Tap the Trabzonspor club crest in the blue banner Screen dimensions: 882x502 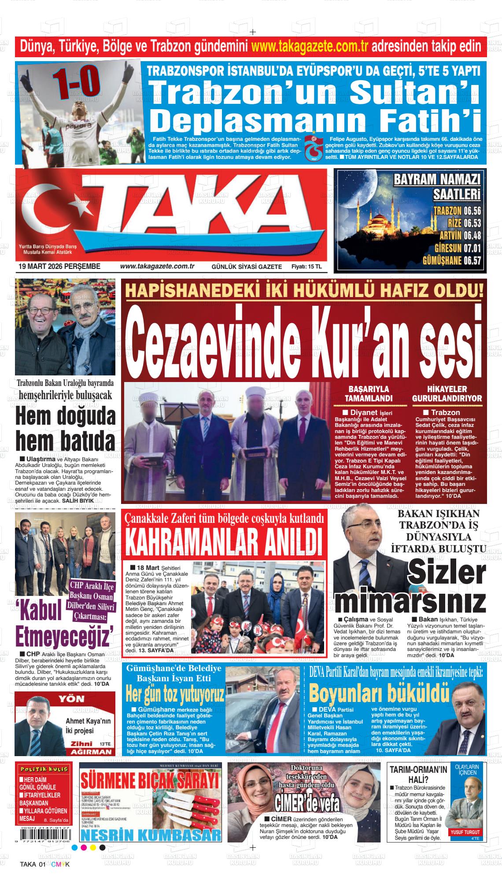[x=313, y=147]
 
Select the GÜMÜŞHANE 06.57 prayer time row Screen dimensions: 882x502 [x=451, y=260]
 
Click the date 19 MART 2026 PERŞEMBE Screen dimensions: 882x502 [x=59, y=266]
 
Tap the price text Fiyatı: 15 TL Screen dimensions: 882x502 [x=306, y=267]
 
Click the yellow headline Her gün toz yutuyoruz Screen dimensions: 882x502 [x=175, y=695]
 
